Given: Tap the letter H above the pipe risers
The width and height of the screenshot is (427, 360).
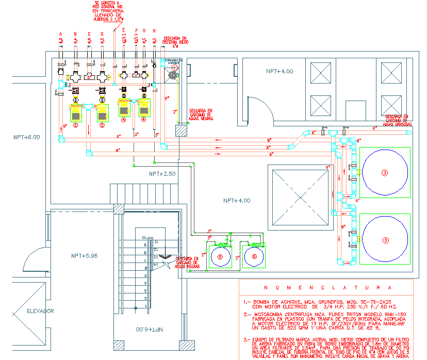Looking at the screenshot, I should [154, 31].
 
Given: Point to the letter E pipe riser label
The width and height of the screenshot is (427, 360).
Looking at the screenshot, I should [124, 31].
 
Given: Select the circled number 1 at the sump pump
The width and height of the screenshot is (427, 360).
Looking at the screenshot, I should [174, 68].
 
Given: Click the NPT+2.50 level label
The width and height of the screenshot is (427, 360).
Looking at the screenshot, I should [162, 174].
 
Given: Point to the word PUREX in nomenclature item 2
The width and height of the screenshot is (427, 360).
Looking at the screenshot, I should [317, 314].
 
